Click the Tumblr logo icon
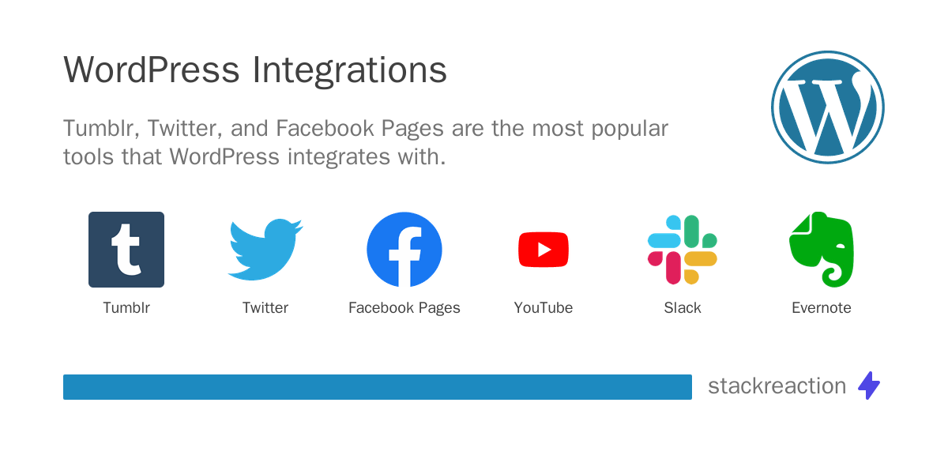126,250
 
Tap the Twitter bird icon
265,250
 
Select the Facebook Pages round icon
404,250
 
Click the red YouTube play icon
544,250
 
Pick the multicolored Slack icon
683,250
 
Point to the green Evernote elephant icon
822,250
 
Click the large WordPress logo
827,107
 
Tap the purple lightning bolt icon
869,386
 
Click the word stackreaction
777,386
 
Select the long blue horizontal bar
378,387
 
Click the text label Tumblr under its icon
126,308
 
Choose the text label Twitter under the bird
265,308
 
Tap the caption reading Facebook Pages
404,308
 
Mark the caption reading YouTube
544,308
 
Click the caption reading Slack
683,308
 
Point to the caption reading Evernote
822,308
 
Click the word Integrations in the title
350,71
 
